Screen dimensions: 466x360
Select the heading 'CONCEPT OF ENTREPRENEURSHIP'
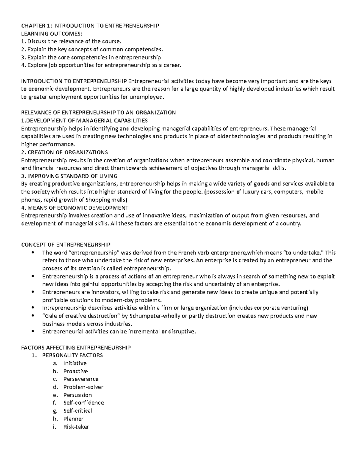[x=66, y=244]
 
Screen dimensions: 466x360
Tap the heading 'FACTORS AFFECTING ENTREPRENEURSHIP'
[x=76, y=347]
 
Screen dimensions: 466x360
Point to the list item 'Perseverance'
[x=81, y=379]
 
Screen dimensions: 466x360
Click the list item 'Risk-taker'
[x=76, y=426]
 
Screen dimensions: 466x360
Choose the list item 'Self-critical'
[x=78, y=410]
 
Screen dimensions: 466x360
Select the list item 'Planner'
[x=73, y=419]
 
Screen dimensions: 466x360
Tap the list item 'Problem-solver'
[x=83, y=387]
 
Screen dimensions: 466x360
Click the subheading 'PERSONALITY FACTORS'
[x=72, y=355]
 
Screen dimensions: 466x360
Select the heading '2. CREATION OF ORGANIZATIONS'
[x=64, y=152]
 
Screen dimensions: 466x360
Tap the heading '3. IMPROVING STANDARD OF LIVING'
[x=69, y=176]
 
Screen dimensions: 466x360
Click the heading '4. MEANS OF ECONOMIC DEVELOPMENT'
[x=75, y=208]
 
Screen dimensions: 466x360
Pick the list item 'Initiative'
[x=75, y=363]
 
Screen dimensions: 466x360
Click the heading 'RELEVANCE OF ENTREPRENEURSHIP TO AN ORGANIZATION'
[x=98, y=113]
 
